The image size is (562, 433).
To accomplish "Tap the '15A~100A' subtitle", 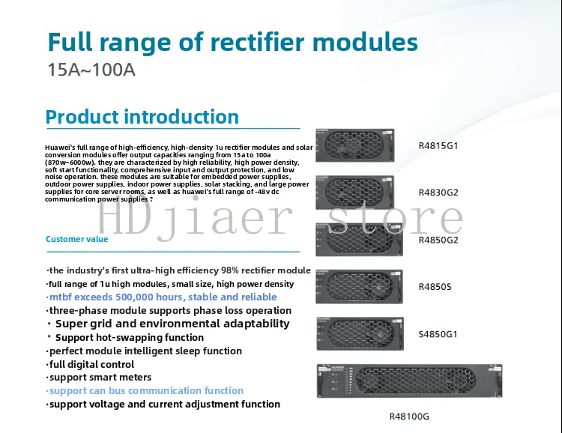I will point(92,71).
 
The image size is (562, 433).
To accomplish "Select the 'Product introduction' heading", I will point(142,118).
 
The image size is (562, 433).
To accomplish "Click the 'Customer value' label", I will point(76,240).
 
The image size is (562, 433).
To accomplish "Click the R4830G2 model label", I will point(438,193).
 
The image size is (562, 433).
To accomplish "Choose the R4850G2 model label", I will point(438,240).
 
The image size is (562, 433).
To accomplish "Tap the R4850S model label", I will point(435,287).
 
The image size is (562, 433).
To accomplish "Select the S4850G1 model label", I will point(438,334).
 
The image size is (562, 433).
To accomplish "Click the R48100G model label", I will point(409,417).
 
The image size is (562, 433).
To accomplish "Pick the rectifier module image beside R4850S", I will point(359,288).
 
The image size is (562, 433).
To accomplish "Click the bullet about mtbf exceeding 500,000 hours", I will point(162,297).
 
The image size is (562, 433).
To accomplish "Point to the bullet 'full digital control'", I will point(91,364).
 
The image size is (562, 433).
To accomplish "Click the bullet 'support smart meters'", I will point(100,378).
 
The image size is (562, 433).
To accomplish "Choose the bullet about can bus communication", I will point(145,391).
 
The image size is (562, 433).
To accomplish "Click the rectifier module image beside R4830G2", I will point(359,193).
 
